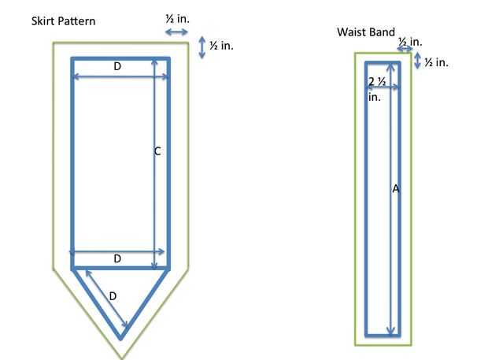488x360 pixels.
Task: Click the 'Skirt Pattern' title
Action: (x=63, y=21)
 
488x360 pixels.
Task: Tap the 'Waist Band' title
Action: (x=366, y=32)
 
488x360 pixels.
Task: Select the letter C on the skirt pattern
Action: (x=157, y=152)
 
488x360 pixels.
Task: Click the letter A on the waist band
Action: (x=396, y=189)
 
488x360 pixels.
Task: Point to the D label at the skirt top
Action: (x=117, y=66)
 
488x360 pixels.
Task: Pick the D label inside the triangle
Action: (x=113, y=296)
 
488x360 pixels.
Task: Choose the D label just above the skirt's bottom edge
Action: (x=117, y=258)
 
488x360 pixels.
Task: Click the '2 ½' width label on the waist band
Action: (x=377, y=82)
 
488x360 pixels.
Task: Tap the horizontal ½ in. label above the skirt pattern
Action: (x=177, y=19)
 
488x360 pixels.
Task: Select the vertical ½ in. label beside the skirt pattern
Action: (x=221, y=46)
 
